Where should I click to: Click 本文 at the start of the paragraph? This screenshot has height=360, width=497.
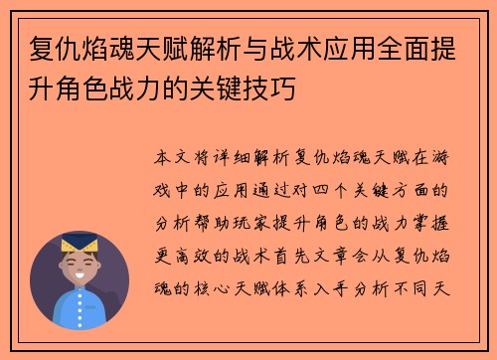178,158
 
